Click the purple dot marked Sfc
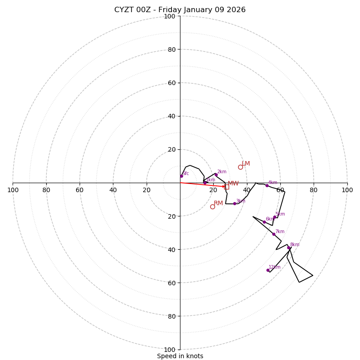pos(181,176)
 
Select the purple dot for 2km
pos(216,175)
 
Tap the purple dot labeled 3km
pos(234,203)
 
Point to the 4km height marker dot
pos(267,185)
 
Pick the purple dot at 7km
pos(274,234)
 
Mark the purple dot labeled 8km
pos(288,247)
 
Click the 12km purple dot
pos(268,270)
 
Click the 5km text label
pos(280,214)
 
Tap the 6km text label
pos(270,219)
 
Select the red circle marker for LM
pos(240,167)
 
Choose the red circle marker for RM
pos(212,207)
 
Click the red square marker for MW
pos(227,186)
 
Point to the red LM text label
pos(246,164)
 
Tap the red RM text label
pos(218,203)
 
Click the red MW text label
pos(233,184)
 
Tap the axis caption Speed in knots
pos(180,356)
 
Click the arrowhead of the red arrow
pos(224,186)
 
